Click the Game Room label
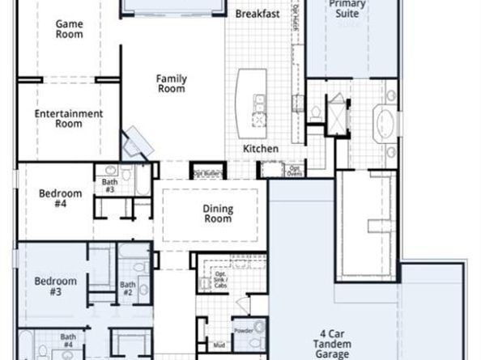[x=69, y=29]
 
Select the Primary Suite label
[x=347, y=8]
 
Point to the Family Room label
[x=172, y=83]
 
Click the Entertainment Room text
[x=69, y=119]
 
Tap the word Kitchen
[x=261, y=149]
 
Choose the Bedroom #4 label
[x=61, y=199]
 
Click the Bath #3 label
[x=109, y=184]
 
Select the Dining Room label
[x=217, y=214]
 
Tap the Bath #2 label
[x=127, y=288]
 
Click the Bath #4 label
[x=68, y=341]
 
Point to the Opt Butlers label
[x=206, y=173]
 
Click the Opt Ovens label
[x=294, y=171]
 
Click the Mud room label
[x=219, y=345]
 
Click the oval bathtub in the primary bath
[x=385, y=125]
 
